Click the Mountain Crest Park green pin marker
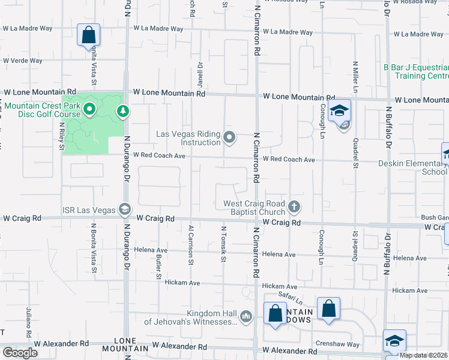[x=89, y=109]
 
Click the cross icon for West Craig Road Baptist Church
[x=294, y=207]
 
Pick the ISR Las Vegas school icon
[x=125, y=209]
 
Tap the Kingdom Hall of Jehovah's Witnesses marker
[x=246, y=316]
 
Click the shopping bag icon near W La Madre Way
[x=88, y=35]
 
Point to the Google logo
[x=20, y=353]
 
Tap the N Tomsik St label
[x=224, y=244]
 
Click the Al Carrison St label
[x=191, y=245]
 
